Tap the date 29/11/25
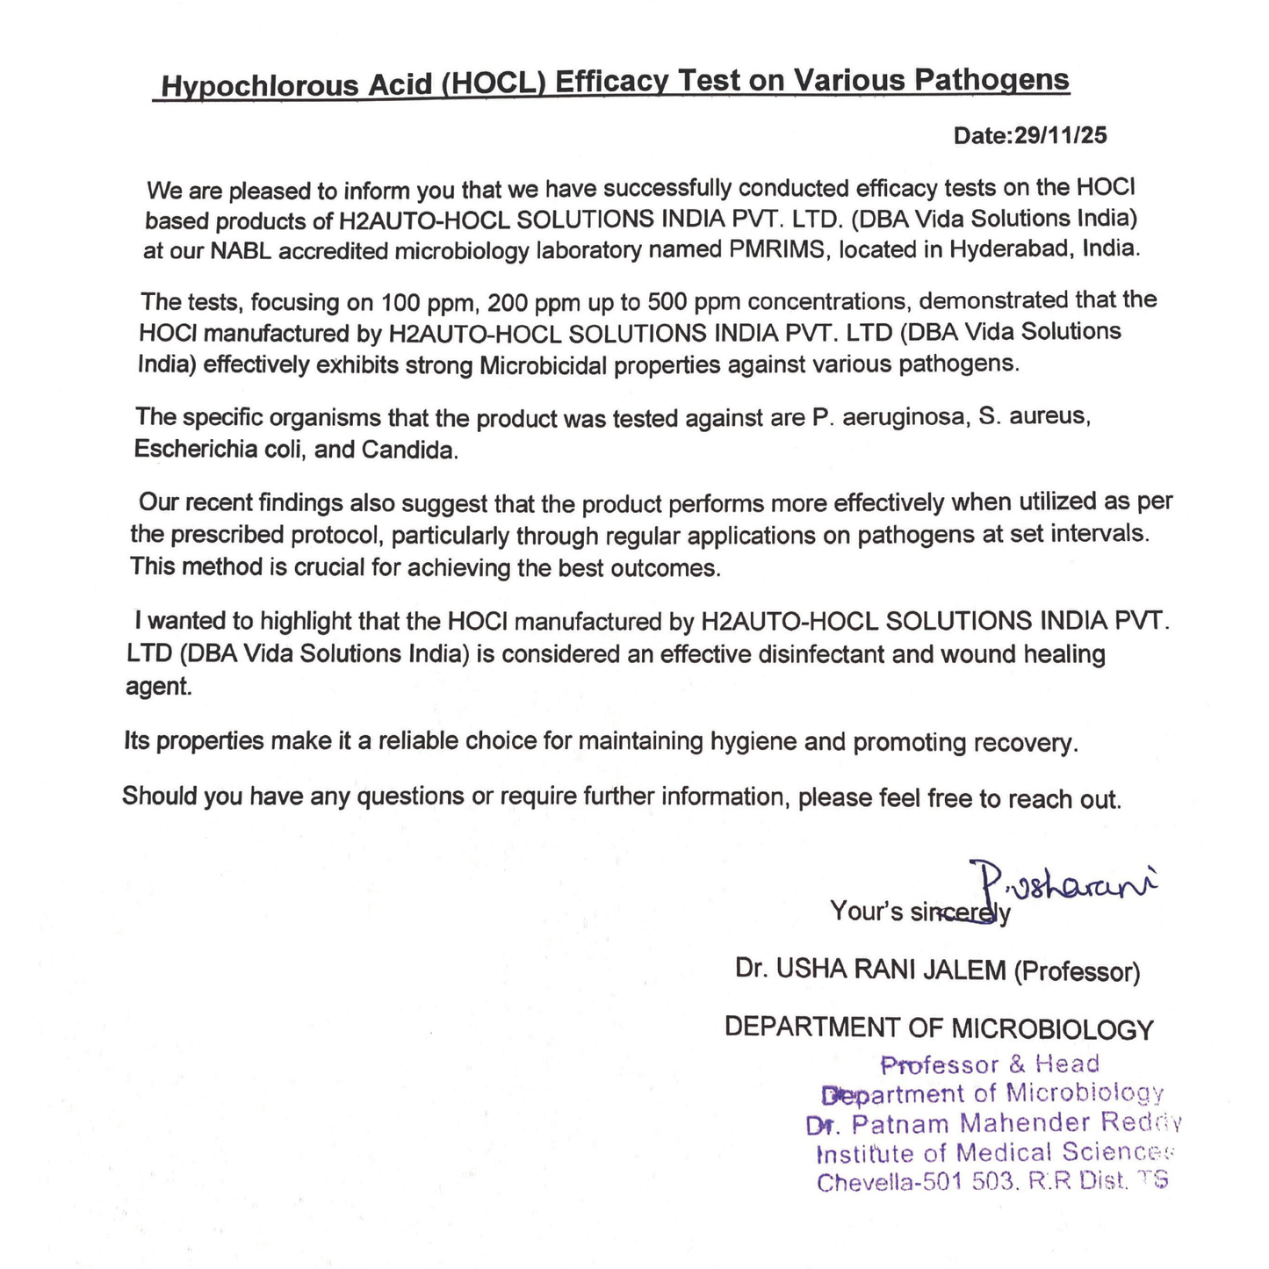point(1060,135)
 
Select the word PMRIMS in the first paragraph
point(780,250)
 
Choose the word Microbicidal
point(543,365)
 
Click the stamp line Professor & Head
point(990,1064)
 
